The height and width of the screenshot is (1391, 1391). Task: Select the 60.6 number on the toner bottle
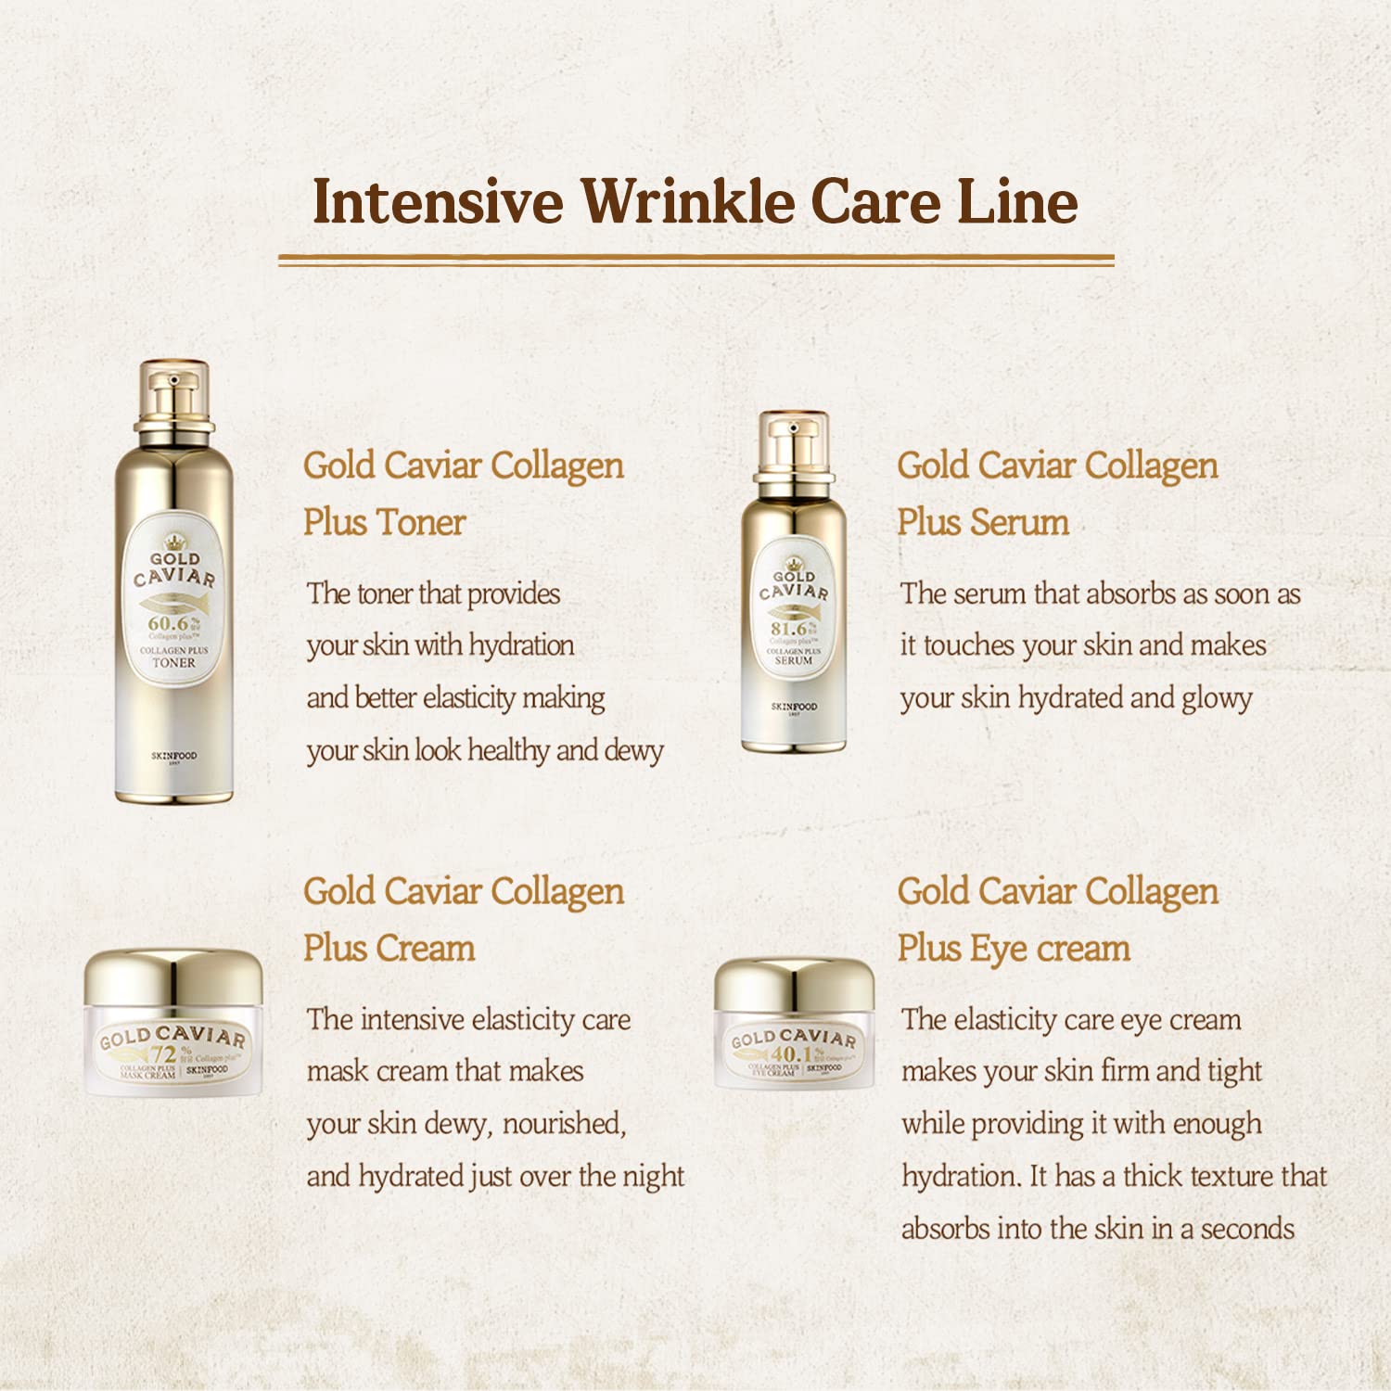coord(169,624)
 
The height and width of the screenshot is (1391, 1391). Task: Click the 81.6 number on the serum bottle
coord(789,629)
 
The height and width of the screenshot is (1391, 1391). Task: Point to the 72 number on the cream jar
coord(164,1054)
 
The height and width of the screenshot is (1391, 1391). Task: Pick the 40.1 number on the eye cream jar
coord(791,1054)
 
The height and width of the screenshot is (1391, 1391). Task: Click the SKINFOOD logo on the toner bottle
coord(173,756)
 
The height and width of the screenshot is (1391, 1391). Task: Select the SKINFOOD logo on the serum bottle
coord(794,707)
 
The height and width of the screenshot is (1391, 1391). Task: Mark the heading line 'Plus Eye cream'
coord(1014,949)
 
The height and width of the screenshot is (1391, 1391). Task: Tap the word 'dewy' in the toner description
coord(633,750)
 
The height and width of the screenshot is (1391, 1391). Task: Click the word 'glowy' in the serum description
coord(1217,698)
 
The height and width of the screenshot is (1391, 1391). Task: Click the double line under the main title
coord(695,260)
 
